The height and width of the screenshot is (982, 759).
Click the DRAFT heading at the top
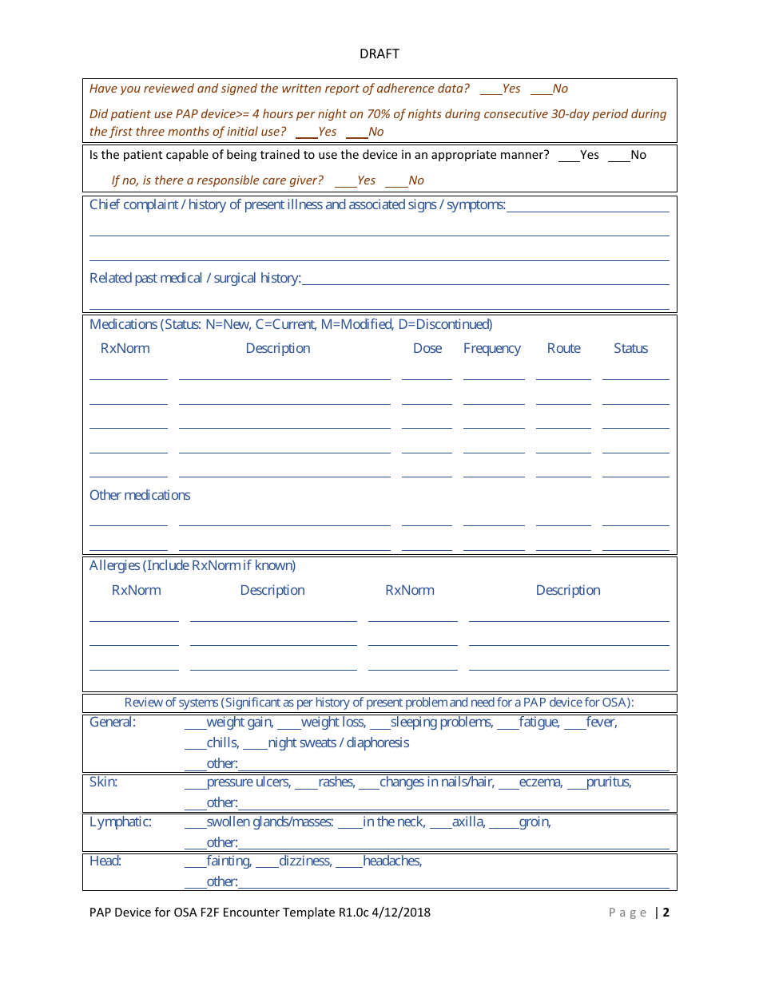[379, 54]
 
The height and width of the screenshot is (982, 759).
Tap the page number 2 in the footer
[666, 913]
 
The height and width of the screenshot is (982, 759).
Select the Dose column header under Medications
[427, 349]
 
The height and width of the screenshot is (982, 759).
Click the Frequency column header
[491, 349]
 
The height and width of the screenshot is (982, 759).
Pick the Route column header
[563, 349]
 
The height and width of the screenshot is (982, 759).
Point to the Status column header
[630, 349]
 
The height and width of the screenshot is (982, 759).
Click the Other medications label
[140, 495]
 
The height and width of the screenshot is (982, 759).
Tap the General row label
[113, 723]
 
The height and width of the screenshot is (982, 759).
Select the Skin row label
[103, 782]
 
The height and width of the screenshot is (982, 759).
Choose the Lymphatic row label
[121, 822]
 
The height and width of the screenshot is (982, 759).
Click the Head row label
[105, 861]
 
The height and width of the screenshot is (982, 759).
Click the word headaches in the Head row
[391, 861]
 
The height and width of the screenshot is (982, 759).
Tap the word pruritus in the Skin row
[608, 782]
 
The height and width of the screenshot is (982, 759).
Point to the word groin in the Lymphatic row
[534, 822]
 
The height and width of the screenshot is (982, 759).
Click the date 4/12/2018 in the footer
[399, 913]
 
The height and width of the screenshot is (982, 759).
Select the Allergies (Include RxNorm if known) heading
[193, 566]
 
